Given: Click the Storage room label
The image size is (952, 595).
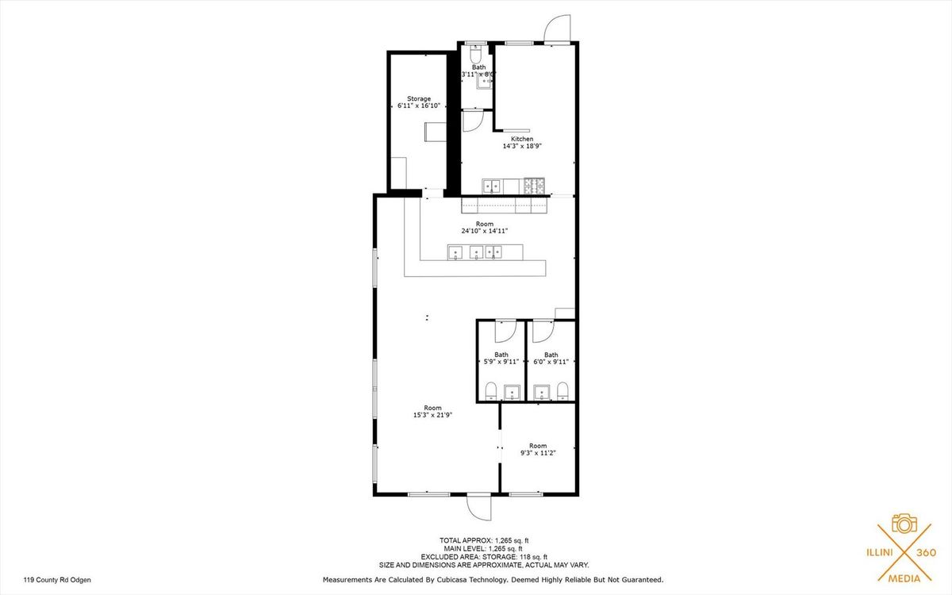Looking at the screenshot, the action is pos(419,98).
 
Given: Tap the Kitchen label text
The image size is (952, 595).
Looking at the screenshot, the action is pos(522,139).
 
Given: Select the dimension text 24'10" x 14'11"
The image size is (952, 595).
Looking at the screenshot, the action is pos(485,231).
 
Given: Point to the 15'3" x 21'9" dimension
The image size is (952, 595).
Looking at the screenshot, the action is pos(432,415).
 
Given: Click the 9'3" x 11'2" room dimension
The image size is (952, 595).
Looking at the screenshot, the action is pos(538,453).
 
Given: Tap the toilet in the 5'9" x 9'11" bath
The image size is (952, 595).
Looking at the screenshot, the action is pos(491,391).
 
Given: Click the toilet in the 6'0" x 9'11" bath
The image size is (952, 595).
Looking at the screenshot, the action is pos(562,391).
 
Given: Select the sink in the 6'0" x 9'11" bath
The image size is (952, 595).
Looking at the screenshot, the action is pos(541,392).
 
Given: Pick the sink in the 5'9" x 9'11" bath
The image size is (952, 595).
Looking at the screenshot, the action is pos(512,392).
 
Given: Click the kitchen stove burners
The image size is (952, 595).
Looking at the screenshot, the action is pos(534,186).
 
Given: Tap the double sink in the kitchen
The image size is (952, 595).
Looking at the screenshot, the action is pos(492,186).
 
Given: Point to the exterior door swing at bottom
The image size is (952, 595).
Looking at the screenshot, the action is pos(478,508).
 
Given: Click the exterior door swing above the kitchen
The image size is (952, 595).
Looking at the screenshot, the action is pos(557,29).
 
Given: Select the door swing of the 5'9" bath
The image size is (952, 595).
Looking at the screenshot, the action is pos(506,331).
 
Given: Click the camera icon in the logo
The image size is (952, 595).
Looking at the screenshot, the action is pos(904,524).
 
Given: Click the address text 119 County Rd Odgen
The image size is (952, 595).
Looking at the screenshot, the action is pos(57,580).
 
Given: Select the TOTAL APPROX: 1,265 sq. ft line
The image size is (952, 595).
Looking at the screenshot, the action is pos(484,540).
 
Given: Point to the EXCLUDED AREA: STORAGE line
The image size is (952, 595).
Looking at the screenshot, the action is pos(484,557).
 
